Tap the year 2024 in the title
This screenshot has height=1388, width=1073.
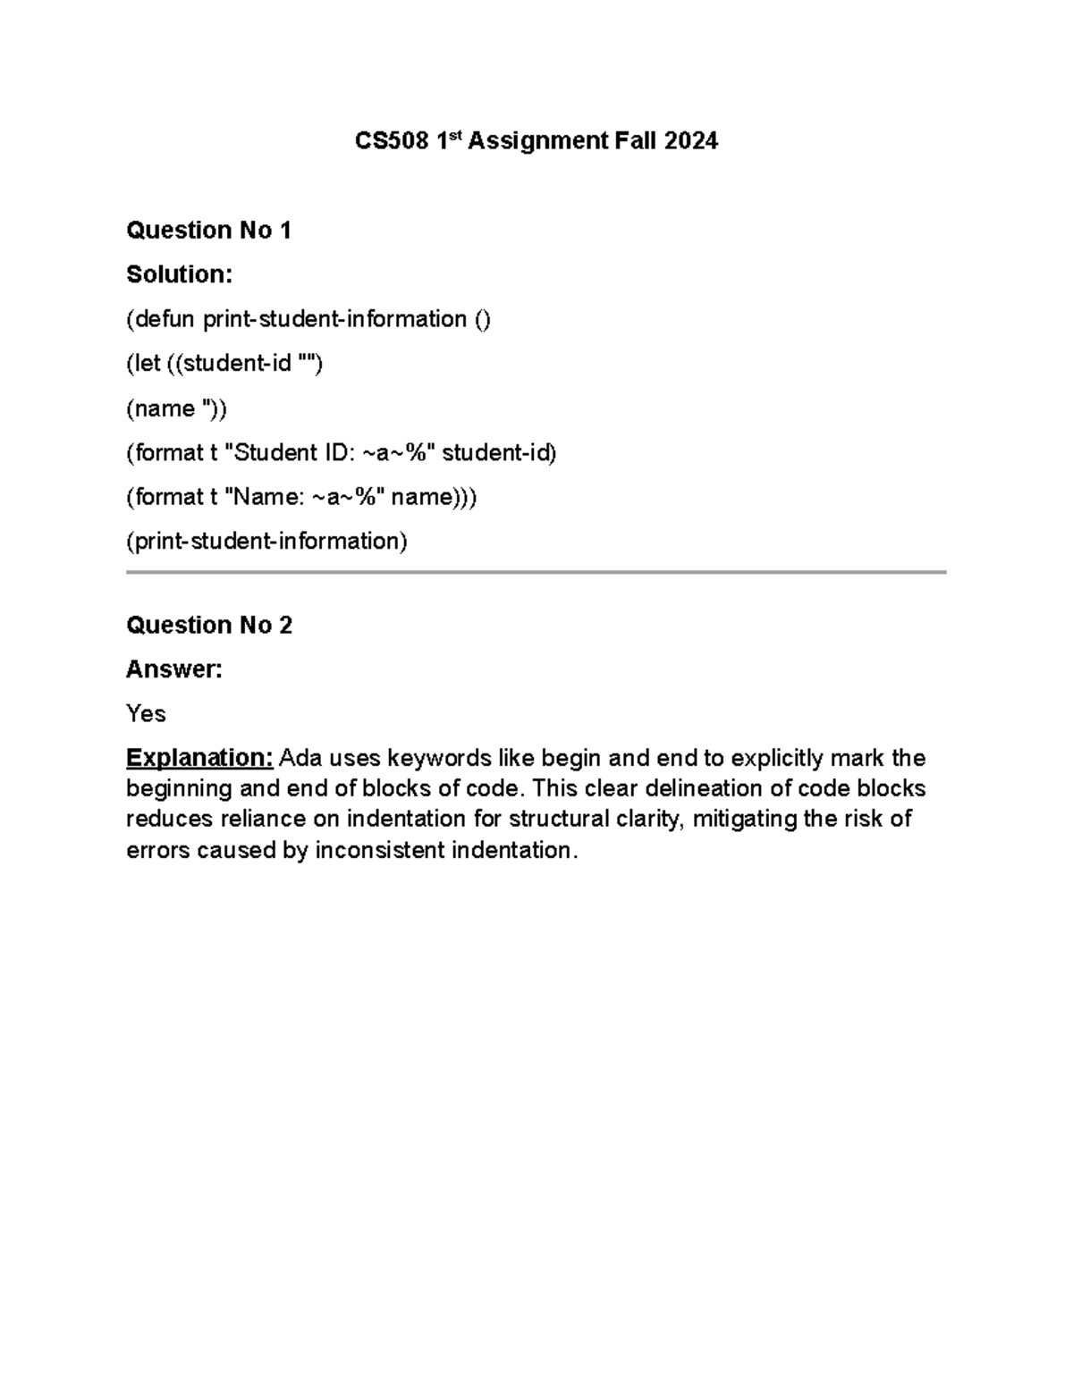690,141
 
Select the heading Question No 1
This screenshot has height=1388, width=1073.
209,231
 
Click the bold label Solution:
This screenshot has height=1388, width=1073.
179,274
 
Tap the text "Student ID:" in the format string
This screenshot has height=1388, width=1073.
297,453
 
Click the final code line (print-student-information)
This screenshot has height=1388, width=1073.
266,541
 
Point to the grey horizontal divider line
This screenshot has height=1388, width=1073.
536,572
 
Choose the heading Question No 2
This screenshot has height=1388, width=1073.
209,625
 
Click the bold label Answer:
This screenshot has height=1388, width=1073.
173,669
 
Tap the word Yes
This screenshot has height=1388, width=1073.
146,713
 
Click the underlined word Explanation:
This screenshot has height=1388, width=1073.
199,758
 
